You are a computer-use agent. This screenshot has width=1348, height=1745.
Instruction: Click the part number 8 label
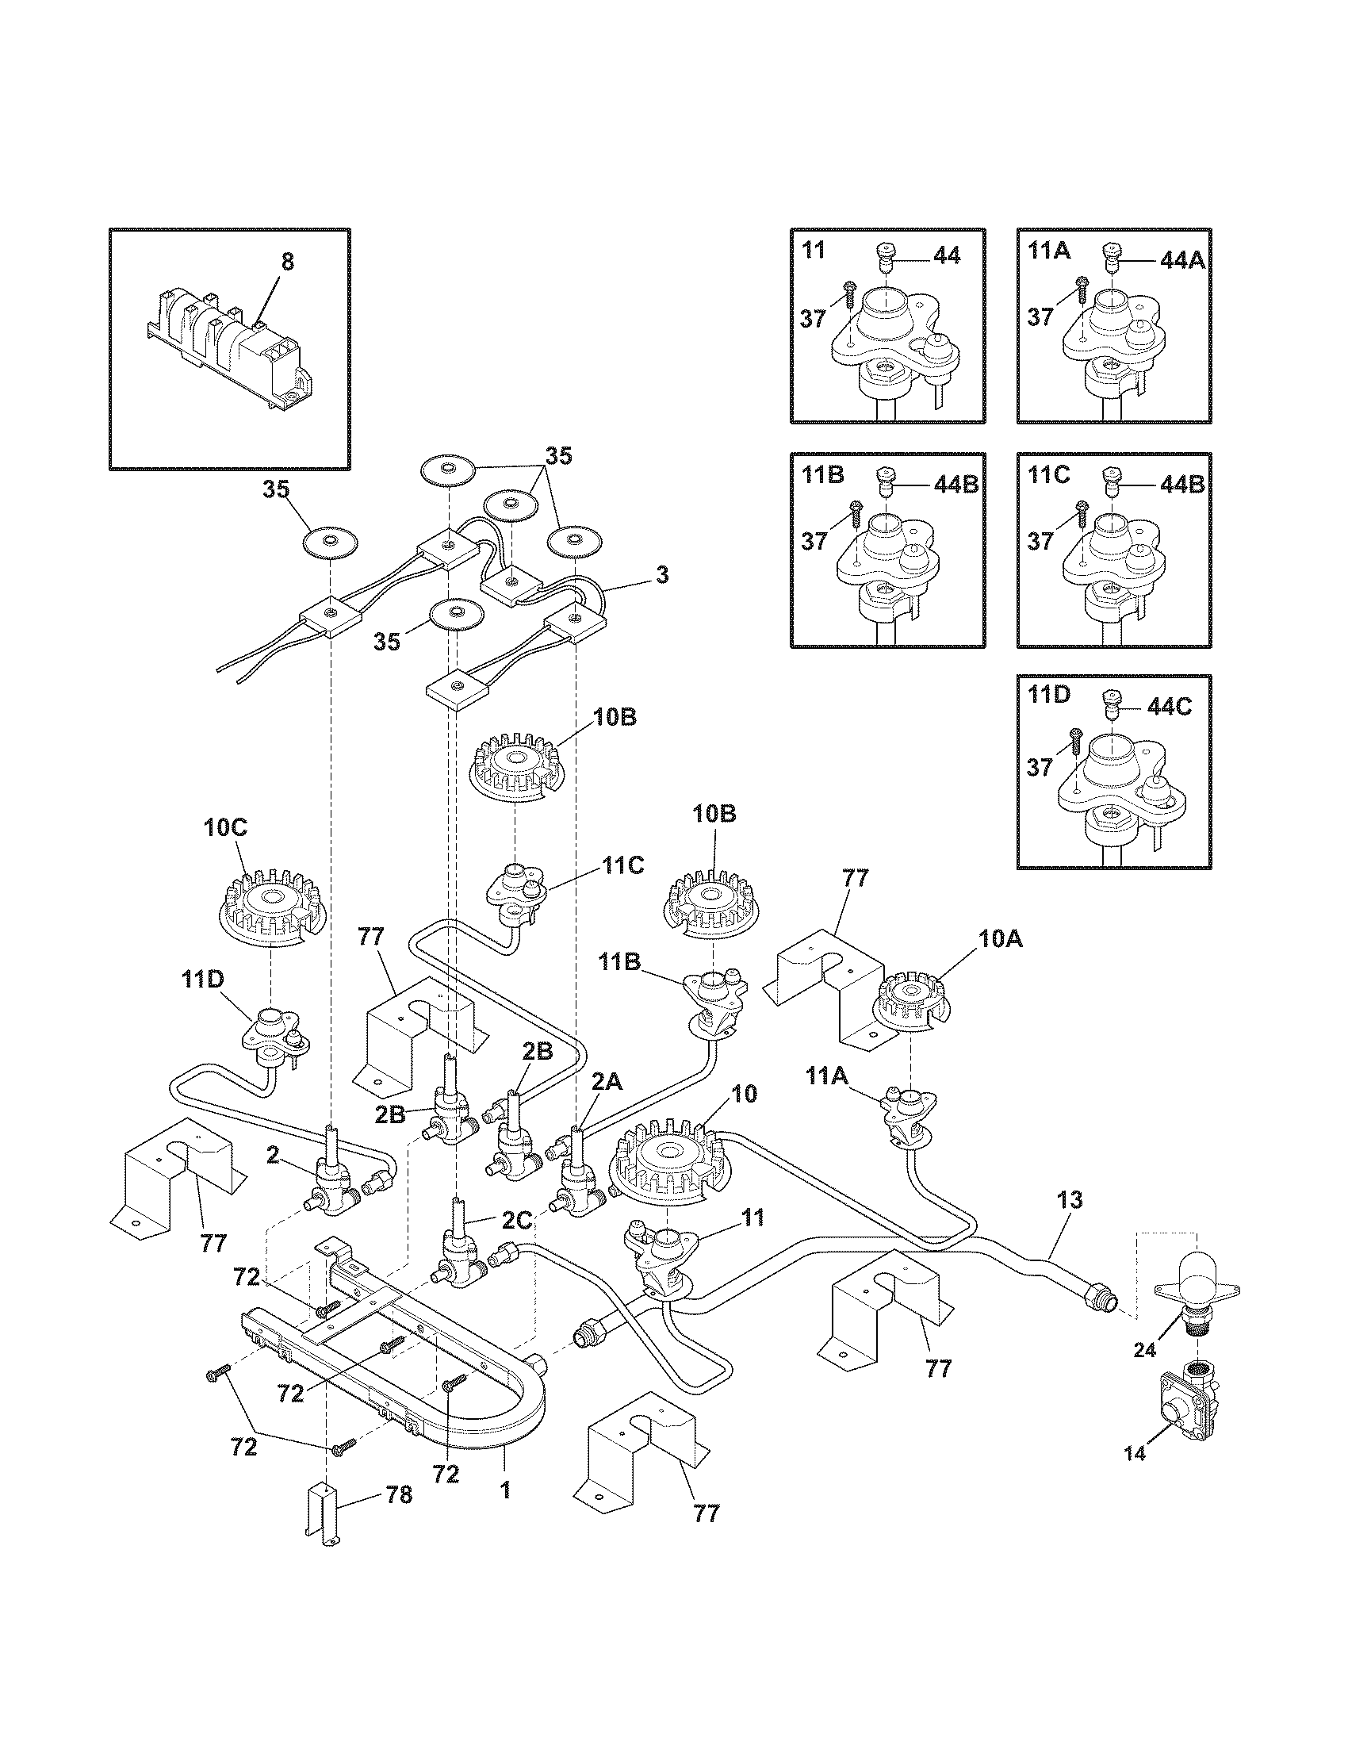[x=288, y=262]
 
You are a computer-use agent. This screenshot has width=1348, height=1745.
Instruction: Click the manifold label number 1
[x=504, y=1490]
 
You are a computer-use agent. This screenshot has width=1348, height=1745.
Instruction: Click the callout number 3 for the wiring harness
[x=662, y=574]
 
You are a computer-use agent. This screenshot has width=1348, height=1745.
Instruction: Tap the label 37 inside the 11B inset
[x=814, y=541]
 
